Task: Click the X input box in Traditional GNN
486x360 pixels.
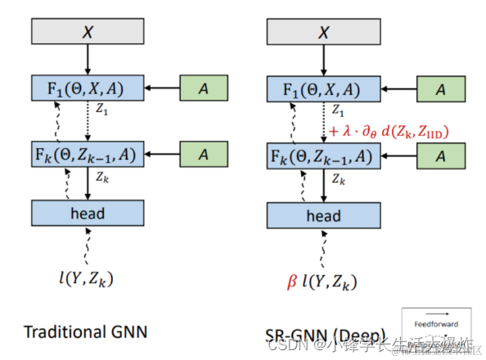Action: (88, 30)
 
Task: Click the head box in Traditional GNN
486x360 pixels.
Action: (88, 214)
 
